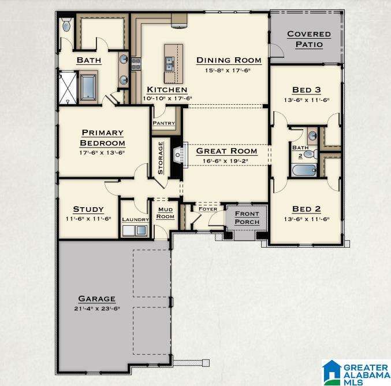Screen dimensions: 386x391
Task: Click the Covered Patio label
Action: click(308, 39)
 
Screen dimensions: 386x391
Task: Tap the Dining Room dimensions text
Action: click(229, 71)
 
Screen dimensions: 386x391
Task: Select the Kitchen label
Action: click(167, 90)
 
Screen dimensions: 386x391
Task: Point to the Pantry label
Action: click(163, 123)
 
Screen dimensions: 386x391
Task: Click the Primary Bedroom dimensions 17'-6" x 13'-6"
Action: click(103, 153)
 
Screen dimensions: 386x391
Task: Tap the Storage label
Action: click(161, 158)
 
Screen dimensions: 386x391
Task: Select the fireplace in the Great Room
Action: click(178, 155)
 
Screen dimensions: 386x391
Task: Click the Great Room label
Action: click(226, 151)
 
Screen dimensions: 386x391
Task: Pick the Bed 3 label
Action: click(306, 90)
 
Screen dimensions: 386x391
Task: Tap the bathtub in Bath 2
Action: click(303, 170)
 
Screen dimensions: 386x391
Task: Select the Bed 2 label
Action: click(306, 209)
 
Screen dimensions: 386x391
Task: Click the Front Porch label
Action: click(247, 218)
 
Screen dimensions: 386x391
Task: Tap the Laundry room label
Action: click(135, 219)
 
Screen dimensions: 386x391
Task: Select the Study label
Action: click(88, 209)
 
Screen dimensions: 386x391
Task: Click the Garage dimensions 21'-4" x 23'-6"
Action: click(97, 309)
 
